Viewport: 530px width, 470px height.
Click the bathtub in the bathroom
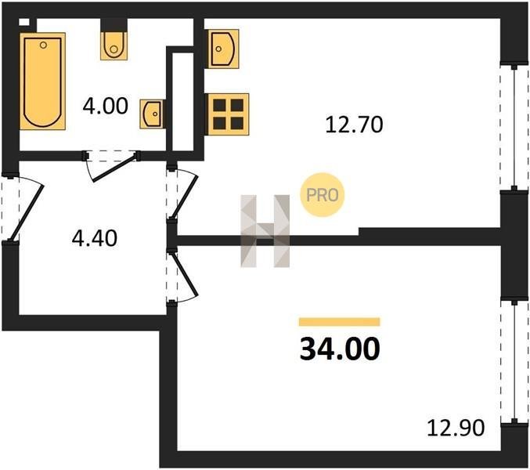coord(42,81)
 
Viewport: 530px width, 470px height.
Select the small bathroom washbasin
coord(153,114)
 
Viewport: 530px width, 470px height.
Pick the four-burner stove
coord(228,114)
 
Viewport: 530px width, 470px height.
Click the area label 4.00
coord(105,106)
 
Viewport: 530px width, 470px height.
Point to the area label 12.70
coord(354,124)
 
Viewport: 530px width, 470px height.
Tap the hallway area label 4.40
coord(95,237)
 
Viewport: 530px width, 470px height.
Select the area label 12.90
coord(456,428)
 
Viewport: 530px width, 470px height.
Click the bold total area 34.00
coord(340,349)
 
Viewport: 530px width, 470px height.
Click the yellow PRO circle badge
coord(322,195)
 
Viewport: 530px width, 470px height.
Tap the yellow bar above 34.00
coord(339,322)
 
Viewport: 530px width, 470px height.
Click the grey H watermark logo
coord(265,231)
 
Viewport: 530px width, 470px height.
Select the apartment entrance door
coord(27,212)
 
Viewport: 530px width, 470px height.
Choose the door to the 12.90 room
coord(185,275)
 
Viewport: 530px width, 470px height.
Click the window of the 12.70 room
coord(514,128)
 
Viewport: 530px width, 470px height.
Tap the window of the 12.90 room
coord(514,361)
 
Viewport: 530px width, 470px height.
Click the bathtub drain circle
coord(43,45)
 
